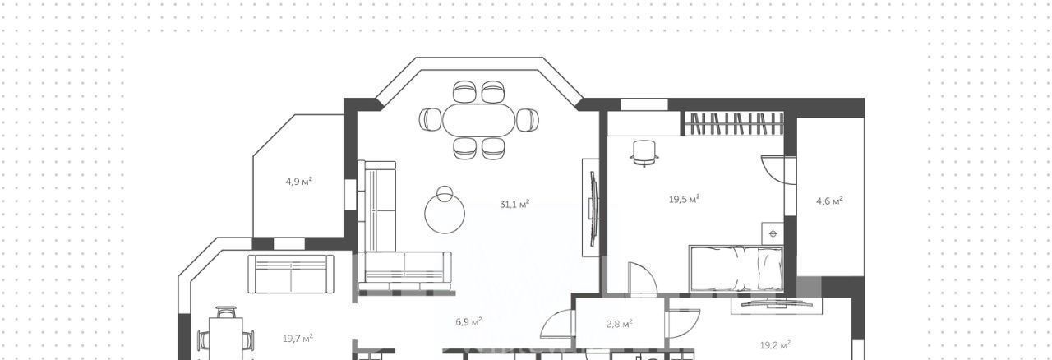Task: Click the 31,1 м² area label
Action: click(514, 205)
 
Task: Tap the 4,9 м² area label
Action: click(299, 182)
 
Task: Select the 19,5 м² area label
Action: click(685, 199)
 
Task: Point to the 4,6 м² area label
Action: click(829, 201)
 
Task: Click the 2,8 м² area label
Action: click(620, 324)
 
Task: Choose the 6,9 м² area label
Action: click(468, 322)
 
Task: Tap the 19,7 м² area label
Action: click(298, 339)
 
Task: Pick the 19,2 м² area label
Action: click(775, 345)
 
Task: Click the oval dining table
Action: click(478, 120)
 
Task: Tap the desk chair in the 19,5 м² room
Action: click(644, 153)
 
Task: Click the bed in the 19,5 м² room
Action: click(736, 268)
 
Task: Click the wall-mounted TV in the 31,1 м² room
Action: click(593, 208)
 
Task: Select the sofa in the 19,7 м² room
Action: click(291, 274)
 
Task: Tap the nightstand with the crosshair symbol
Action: click(773, 233)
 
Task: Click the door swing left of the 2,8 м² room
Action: click(558, 324)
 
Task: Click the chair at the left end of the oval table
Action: click(430, 119)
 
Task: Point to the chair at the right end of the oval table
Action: click(528, 120)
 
